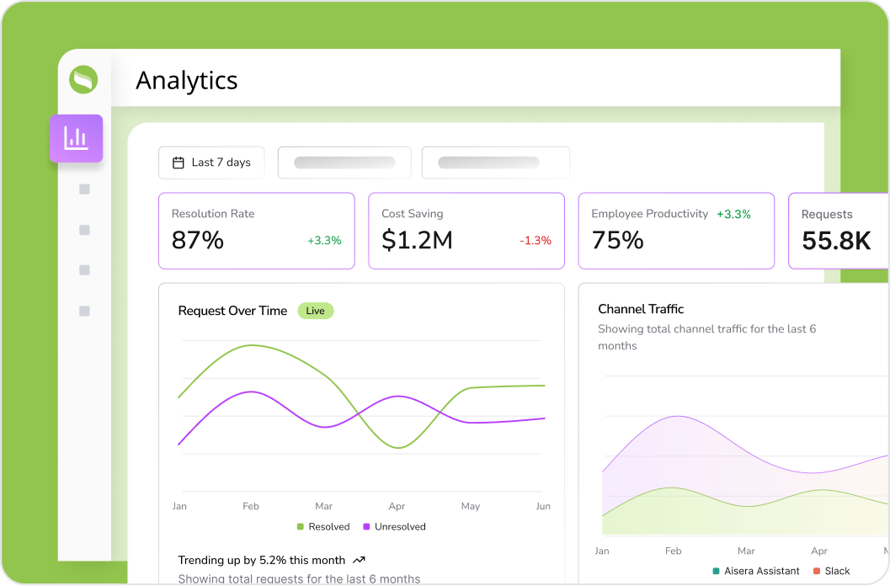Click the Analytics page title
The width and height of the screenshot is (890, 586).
[x=186, y=80]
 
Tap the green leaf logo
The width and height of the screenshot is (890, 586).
[x=83, y=80]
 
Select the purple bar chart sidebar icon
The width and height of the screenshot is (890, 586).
[x=77, y=138]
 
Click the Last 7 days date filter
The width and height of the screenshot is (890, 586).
[x=211, y=162]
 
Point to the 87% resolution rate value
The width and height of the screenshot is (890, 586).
[x=198, y=240]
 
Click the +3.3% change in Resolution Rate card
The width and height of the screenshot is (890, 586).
[x=324, y=241]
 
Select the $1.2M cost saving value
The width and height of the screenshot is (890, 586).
[x=417, y=240]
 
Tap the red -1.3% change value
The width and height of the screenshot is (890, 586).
[x=536, y=241]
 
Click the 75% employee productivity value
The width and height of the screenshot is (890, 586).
[x=617, y=240]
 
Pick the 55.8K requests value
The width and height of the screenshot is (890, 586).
[x=836, y=241]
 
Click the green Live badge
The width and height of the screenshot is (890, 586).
[x=316, y=311]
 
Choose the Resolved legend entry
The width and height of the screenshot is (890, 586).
[x=323, y=527]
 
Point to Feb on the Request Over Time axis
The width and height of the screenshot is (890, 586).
[x=251, y=506]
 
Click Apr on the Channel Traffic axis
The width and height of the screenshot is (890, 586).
[x=819, y=551]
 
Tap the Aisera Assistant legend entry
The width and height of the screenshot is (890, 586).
[x=755, y=571]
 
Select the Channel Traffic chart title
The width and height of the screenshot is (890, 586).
[x=641, y=309]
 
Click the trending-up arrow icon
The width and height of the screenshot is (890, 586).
[x=360, y=560]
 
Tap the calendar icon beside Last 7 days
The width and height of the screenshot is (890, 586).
[x=179, y=162]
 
